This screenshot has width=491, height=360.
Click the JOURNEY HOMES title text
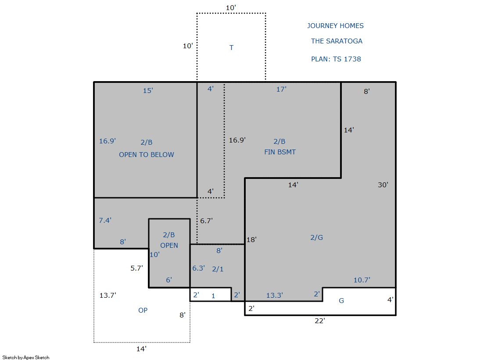(335, 26)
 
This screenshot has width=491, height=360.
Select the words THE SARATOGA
(337, 41)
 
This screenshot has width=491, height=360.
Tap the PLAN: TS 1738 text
(336, 59)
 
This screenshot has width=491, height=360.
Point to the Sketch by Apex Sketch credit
(26, 357)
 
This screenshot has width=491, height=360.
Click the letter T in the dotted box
(231, 48)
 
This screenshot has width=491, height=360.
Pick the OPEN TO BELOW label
(147, 155)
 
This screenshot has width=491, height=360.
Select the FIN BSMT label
(280, 152)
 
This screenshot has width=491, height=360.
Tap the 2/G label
(316, 237)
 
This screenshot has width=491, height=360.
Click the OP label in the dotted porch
(143, 310)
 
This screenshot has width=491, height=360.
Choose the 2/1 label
(218, 269)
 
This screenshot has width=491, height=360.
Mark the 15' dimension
(148, 90)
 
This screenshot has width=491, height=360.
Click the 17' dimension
(281, 89)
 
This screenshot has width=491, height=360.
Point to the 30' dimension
(383, 185)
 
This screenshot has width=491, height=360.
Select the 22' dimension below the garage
(320, 321)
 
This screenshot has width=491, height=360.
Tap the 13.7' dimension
(108, 295)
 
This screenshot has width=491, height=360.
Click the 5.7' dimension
(136, 268)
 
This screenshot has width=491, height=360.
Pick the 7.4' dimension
(105, 221)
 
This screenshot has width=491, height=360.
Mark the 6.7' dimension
(206, 221)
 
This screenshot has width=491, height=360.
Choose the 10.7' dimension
(362, 280)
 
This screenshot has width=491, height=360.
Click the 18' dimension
(251, 239)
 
